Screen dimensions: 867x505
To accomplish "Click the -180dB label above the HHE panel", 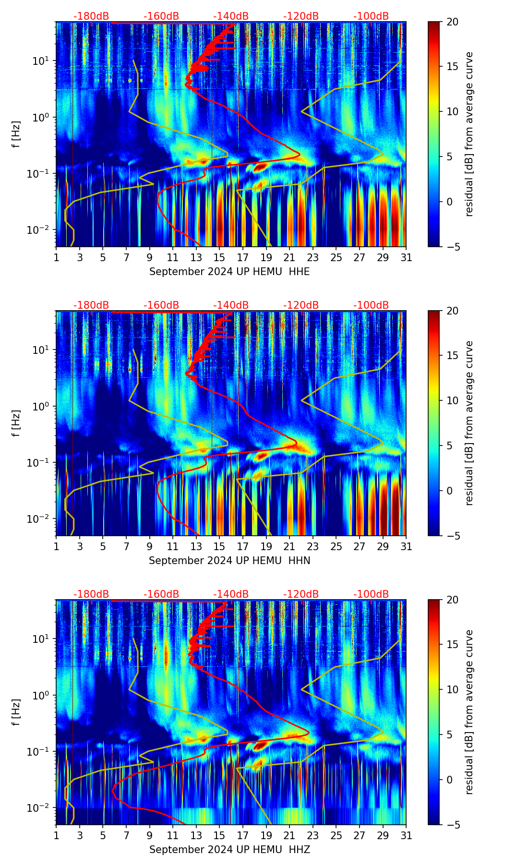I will [x=91, y=16].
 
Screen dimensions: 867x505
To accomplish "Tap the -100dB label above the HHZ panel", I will [x=371, y=594].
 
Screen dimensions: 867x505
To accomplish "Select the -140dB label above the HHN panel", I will [x=231, y=305].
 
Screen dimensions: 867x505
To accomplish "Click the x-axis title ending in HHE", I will [x=229, y=272].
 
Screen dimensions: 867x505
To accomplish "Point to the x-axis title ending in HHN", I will [x=229, y=561].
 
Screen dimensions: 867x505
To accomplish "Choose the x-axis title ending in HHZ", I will [x=229, y=850].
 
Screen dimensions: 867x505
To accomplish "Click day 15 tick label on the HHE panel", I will [x=219, y=258].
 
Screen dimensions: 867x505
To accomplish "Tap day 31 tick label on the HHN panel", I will [x=406, y=547].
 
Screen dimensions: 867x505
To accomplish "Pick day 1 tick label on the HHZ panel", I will [x=56, y=836].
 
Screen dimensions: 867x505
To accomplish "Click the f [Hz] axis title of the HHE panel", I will [x=16, y=134].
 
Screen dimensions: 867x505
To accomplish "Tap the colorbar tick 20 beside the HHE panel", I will [x=452, y=22].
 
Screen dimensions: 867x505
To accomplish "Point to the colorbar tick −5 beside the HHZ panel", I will [x=452, y=825].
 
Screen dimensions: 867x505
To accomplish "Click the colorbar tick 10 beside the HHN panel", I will [x=452, y=400].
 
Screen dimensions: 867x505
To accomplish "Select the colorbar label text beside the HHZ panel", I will [x=469, y=712].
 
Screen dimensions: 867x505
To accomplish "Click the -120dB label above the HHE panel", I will [x=301, y=16].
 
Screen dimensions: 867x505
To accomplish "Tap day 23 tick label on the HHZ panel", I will [x=313, y=836].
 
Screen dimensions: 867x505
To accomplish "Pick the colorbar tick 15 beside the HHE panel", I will [x=452, y=67].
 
